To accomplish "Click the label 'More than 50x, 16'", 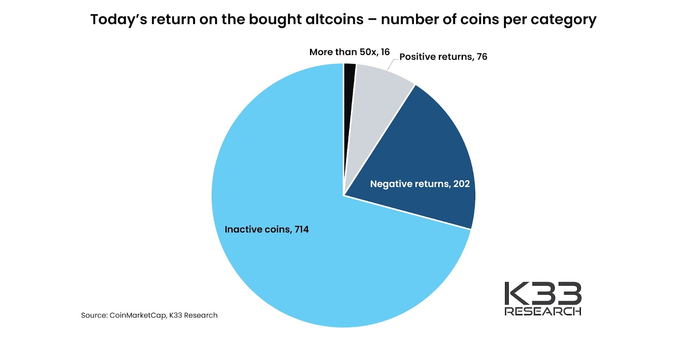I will point(350,52).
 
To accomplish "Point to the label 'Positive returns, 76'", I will point(443,57).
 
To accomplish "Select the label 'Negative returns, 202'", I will point(420,184).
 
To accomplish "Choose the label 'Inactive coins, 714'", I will point(267,229).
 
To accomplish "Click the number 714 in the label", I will point(301,229).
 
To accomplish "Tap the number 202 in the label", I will point(462,184).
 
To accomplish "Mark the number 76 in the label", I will point(482,57).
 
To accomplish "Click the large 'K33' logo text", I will point(543,293).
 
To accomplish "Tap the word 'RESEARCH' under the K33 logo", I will point(543,311).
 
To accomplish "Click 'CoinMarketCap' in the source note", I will point(137,315).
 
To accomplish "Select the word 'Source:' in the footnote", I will point(94,315).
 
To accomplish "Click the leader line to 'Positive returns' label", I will point(391,64).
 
